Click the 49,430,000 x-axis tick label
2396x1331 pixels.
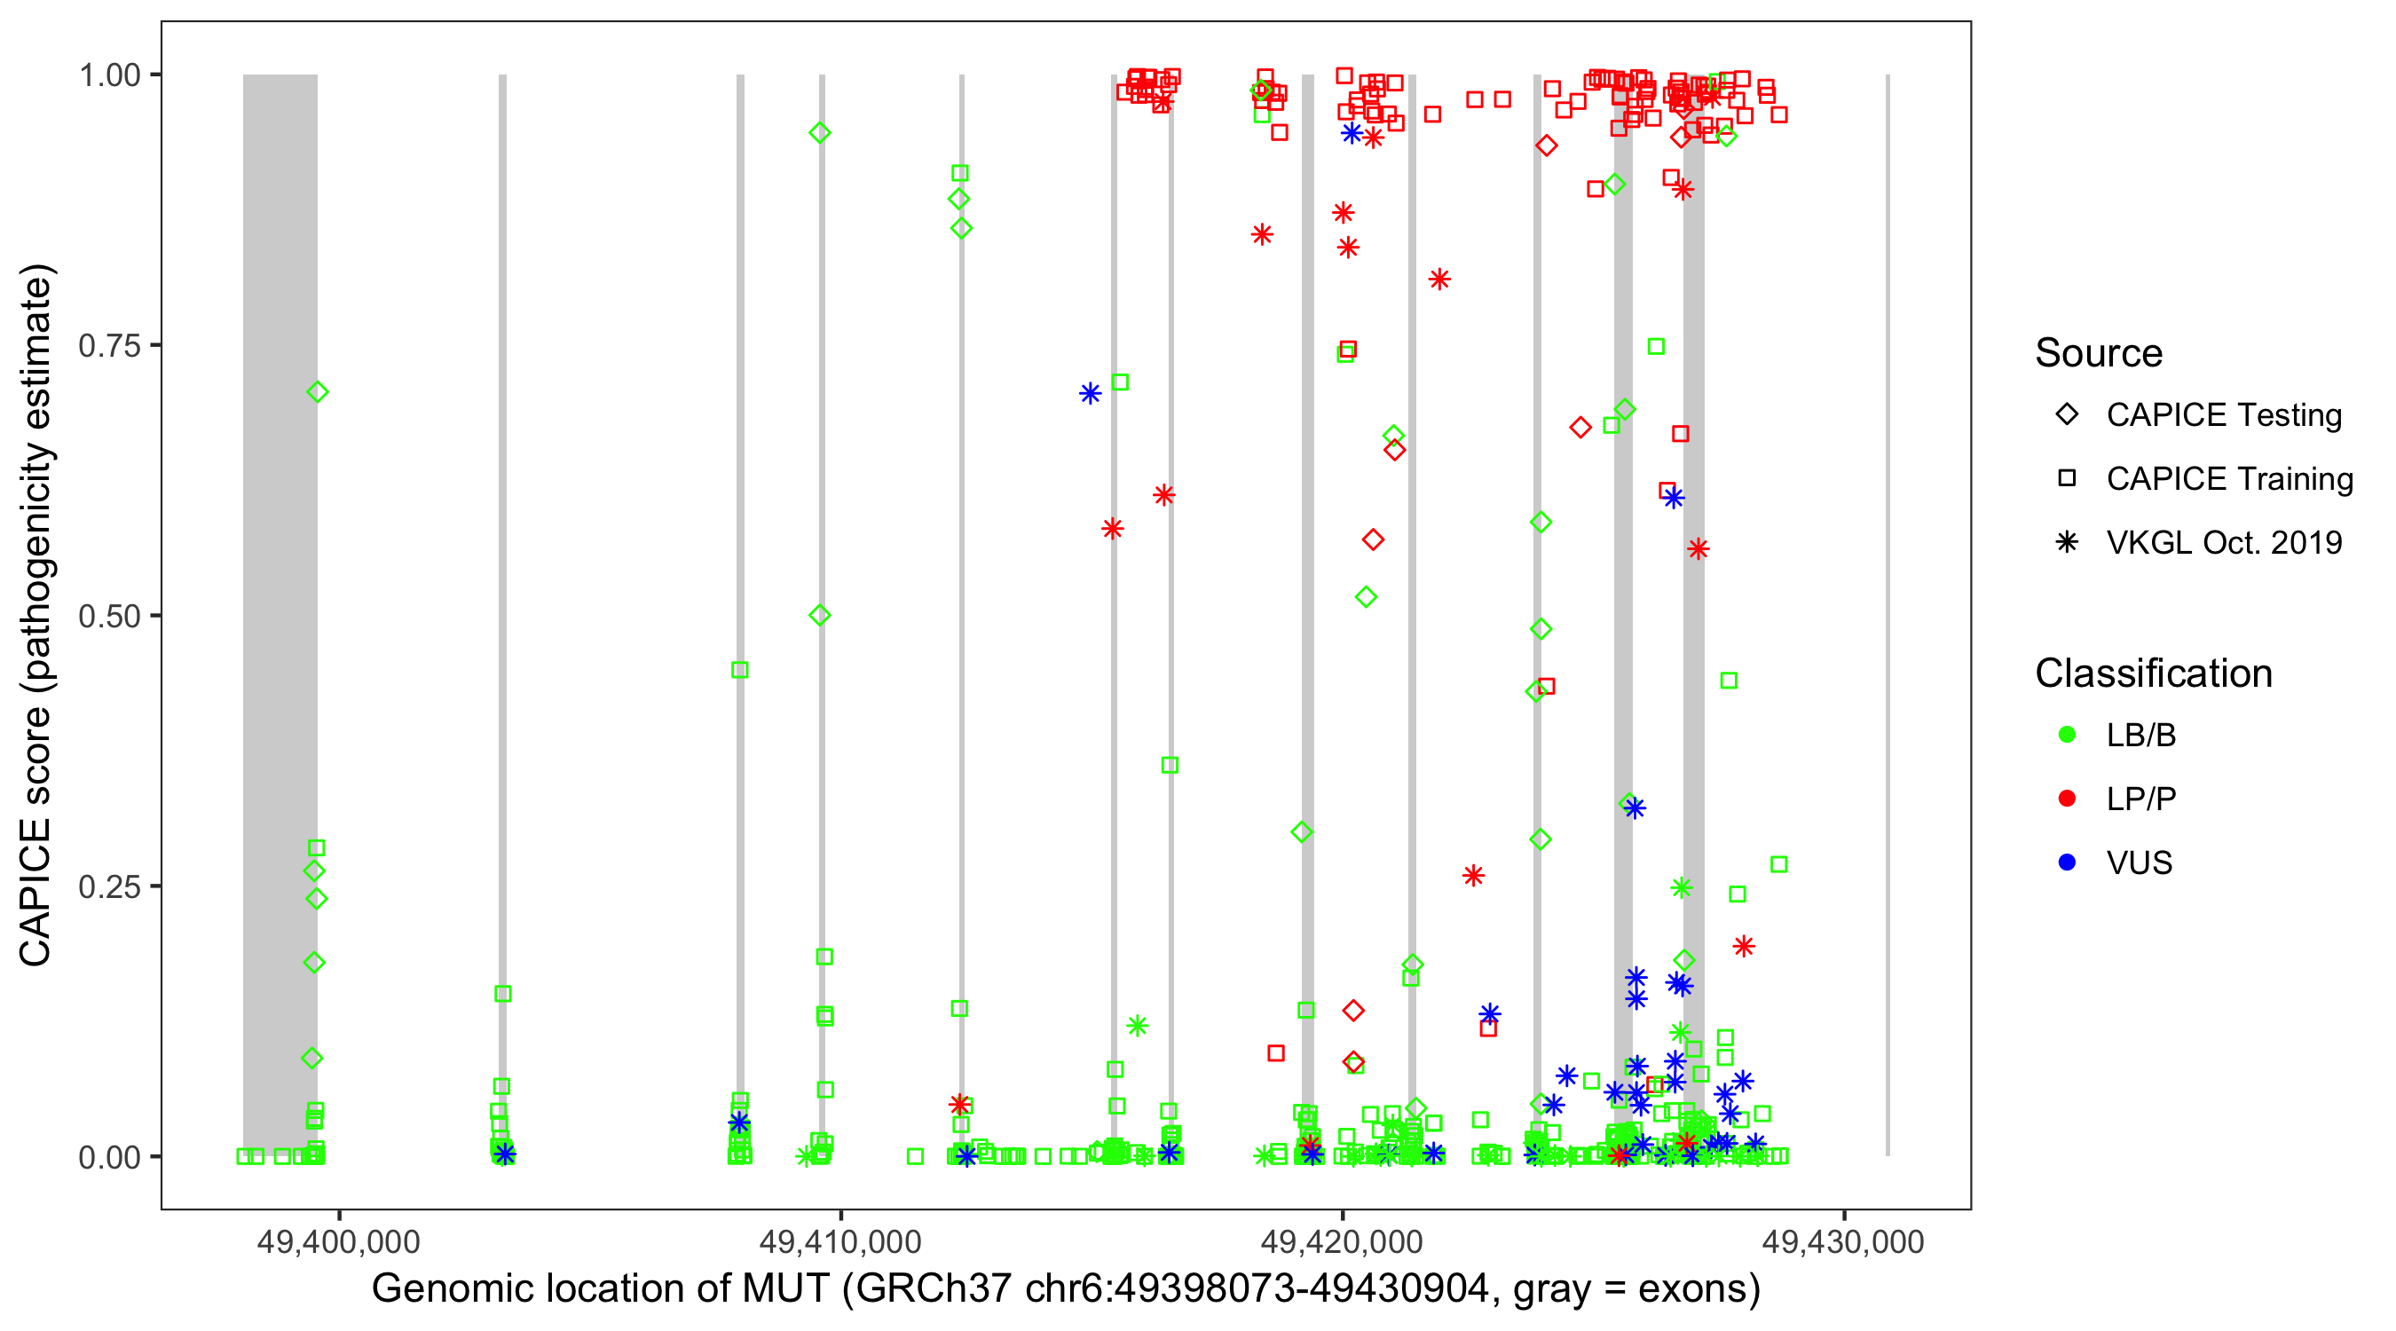tap(1843, 1241)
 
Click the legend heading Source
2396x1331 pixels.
tap(2099, 353)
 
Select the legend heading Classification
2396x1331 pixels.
tap(2153, 673)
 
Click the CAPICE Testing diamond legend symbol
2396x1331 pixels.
tap(2067, 415)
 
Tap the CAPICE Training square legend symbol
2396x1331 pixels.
tap(2067, 479)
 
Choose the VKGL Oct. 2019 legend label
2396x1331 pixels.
tap(2224, 542)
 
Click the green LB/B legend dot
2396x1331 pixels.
tap(2067, 735)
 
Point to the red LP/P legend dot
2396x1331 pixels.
tap(2067, 799)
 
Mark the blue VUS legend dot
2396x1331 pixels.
tap(2067, 862)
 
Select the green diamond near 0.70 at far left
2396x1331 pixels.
tap(317, 392)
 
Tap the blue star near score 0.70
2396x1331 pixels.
tap(1090, 393)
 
